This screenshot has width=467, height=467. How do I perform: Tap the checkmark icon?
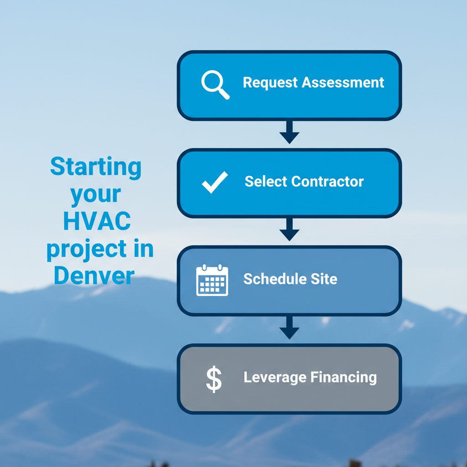pyautogui.click(x=214, y=182)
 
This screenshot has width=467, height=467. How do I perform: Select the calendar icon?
pyautogui.click(x=212, y=280)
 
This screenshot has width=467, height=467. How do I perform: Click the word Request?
pyautogui.click(x=270, y=83)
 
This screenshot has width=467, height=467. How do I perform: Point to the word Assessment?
pyautogui.click(x=343, y=83)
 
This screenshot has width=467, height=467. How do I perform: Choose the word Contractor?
pyautogui.click(x=327, y=182)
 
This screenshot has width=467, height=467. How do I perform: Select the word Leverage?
pyautogui.click(x=275, y=378)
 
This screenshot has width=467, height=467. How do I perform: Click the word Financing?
pyautogui.click(x=343, y=378)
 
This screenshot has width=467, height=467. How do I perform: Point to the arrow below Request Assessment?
pyautogui.click(x=289, y=132)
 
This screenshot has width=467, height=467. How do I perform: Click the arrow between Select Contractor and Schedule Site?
pyautogui.click(x=289, y=230)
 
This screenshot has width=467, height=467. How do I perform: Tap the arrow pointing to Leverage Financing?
pyautogui.click(x=289, y=328)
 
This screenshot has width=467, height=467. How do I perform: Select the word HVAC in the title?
pyautogui.click(x=97, y=222)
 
